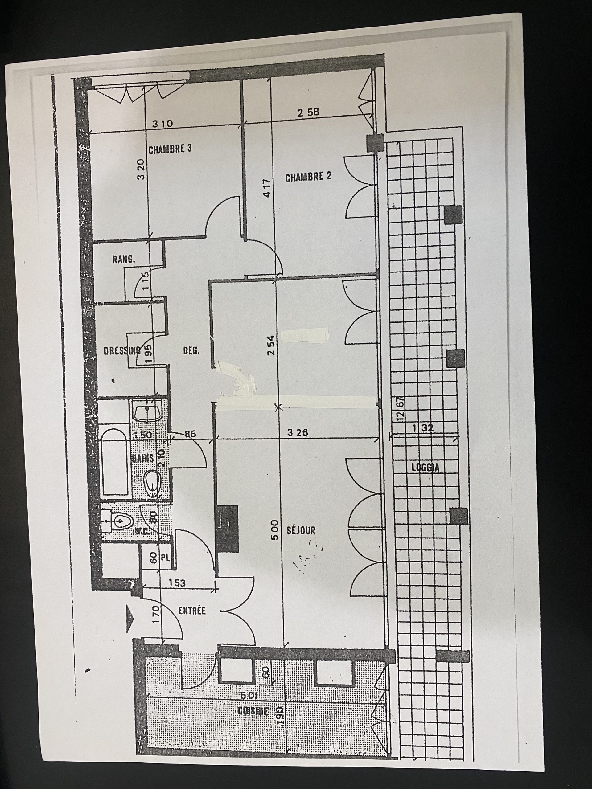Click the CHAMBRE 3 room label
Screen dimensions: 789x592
pos(170,149)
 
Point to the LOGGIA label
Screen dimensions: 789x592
pos(425,468)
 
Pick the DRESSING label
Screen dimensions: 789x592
pos(121,351)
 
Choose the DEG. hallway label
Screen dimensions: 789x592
pos(191,351)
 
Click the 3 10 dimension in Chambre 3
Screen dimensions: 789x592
pos(163,124)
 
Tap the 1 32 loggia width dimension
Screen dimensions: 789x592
pos(423,429)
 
